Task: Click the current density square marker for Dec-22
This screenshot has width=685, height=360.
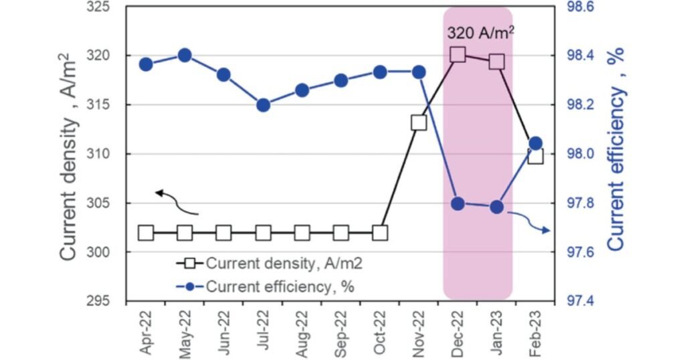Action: click(458, 55)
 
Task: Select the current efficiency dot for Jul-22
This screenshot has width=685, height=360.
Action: click(263, 105)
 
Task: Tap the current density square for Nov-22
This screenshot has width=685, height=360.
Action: click(419, 122)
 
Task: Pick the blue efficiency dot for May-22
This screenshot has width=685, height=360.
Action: click(185, 56)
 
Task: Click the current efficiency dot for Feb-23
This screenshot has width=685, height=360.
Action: click(535, 143)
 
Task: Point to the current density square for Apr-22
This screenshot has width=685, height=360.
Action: click(146, 233)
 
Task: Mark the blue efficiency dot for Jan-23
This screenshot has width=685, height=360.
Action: click(496, 207)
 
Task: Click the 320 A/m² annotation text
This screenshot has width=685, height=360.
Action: click(480, 31)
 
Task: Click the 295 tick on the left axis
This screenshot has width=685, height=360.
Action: click(100, 301)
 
